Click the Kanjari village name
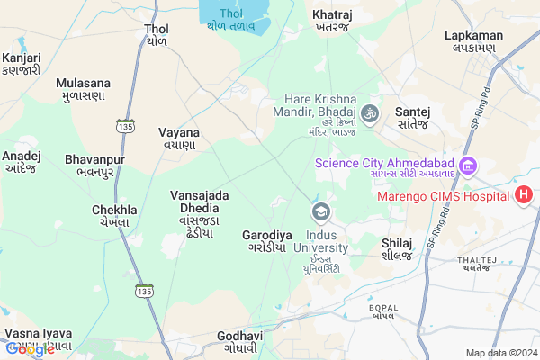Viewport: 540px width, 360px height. [20, 61]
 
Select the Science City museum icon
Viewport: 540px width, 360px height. [467, 166]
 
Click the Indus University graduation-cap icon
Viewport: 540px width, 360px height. [319, 212]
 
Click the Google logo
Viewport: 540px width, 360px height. [31, 349]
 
